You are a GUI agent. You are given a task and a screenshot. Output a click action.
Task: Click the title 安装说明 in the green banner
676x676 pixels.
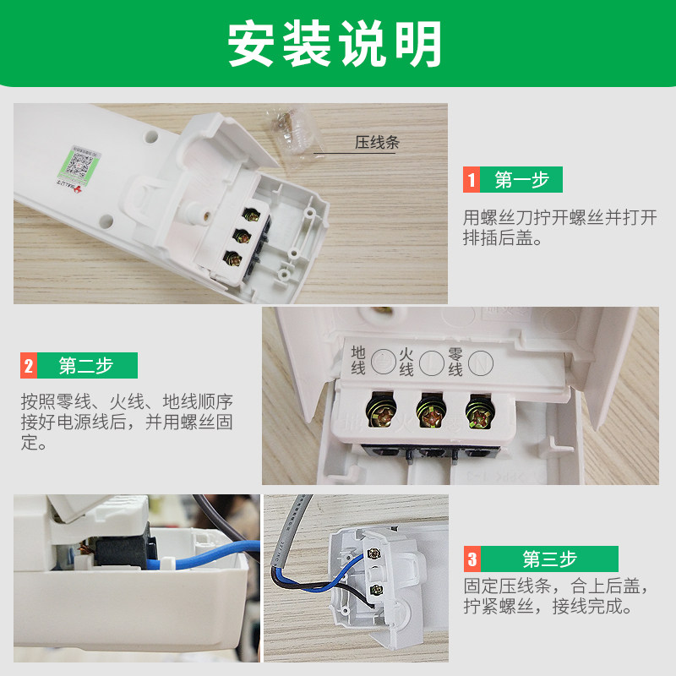point(335,44)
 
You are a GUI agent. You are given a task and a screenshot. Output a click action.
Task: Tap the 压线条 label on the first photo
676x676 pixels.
point(377,142)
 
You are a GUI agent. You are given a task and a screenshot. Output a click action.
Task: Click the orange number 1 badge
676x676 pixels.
point(472,179)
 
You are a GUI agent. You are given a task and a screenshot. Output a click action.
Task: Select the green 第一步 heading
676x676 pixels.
point(521,179)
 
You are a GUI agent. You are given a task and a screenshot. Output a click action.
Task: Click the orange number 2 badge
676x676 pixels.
point(29,366)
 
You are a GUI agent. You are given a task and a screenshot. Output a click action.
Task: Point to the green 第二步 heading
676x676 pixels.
point(87,366)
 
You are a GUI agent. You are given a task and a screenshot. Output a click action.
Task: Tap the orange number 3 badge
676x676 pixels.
point(472,559)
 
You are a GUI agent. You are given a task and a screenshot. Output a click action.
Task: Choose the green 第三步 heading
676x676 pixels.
point(549,559)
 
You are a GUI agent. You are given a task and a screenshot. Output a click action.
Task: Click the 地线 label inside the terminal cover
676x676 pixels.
point(357,360)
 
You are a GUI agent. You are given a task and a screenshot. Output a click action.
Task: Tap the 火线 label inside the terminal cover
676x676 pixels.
point(406,363)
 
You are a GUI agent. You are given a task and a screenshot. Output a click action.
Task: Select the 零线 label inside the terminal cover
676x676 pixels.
point(455,363)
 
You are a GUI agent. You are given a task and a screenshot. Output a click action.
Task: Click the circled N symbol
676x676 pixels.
point(481,363)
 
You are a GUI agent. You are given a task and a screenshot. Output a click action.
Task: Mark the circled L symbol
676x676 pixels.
point(432,363)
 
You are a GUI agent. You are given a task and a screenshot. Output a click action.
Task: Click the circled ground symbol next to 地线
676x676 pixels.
point(384,362)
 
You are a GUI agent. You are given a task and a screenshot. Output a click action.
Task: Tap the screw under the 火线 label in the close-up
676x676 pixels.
point(431,413)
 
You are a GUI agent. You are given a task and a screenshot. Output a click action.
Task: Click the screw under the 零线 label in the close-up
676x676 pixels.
point(479,414)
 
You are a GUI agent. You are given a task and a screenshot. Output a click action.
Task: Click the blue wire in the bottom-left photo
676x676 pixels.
point(203,555)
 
